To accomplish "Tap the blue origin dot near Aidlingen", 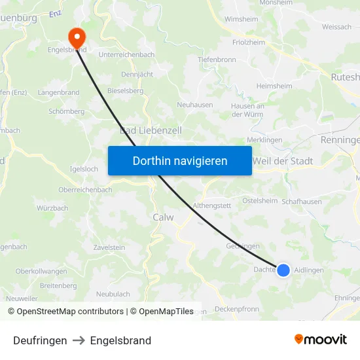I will [x=283, y=270].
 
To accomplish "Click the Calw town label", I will [x=163, y=217].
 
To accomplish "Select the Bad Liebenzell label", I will [x=151, y=131].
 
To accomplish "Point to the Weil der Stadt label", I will [x=283, y=161].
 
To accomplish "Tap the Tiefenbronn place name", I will [x=217, y=60].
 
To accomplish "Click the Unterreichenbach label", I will [x=126, y=55].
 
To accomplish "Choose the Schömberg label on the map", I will [x=66, y=112].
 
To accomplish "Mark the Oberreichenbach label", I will [x=85, y=190].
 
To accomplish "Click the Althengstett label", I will [x=212, y=206].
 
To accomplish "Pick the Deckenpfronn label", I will [x=237, y=309].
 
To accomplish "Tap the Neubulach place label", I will [x=113, y=295].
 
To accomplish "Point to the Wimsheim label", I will [x=241, y=20].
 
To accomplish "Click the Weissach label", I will [x=336, y=27].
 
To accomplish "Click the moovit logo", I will [x=320, y=340].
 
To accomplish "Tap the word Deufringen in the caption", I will [x=40, y=340].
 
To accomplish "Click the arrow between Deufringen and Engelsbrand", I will [x=79, y=340].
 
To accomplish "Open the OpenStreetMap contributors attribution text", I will [x=70, y=312].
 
